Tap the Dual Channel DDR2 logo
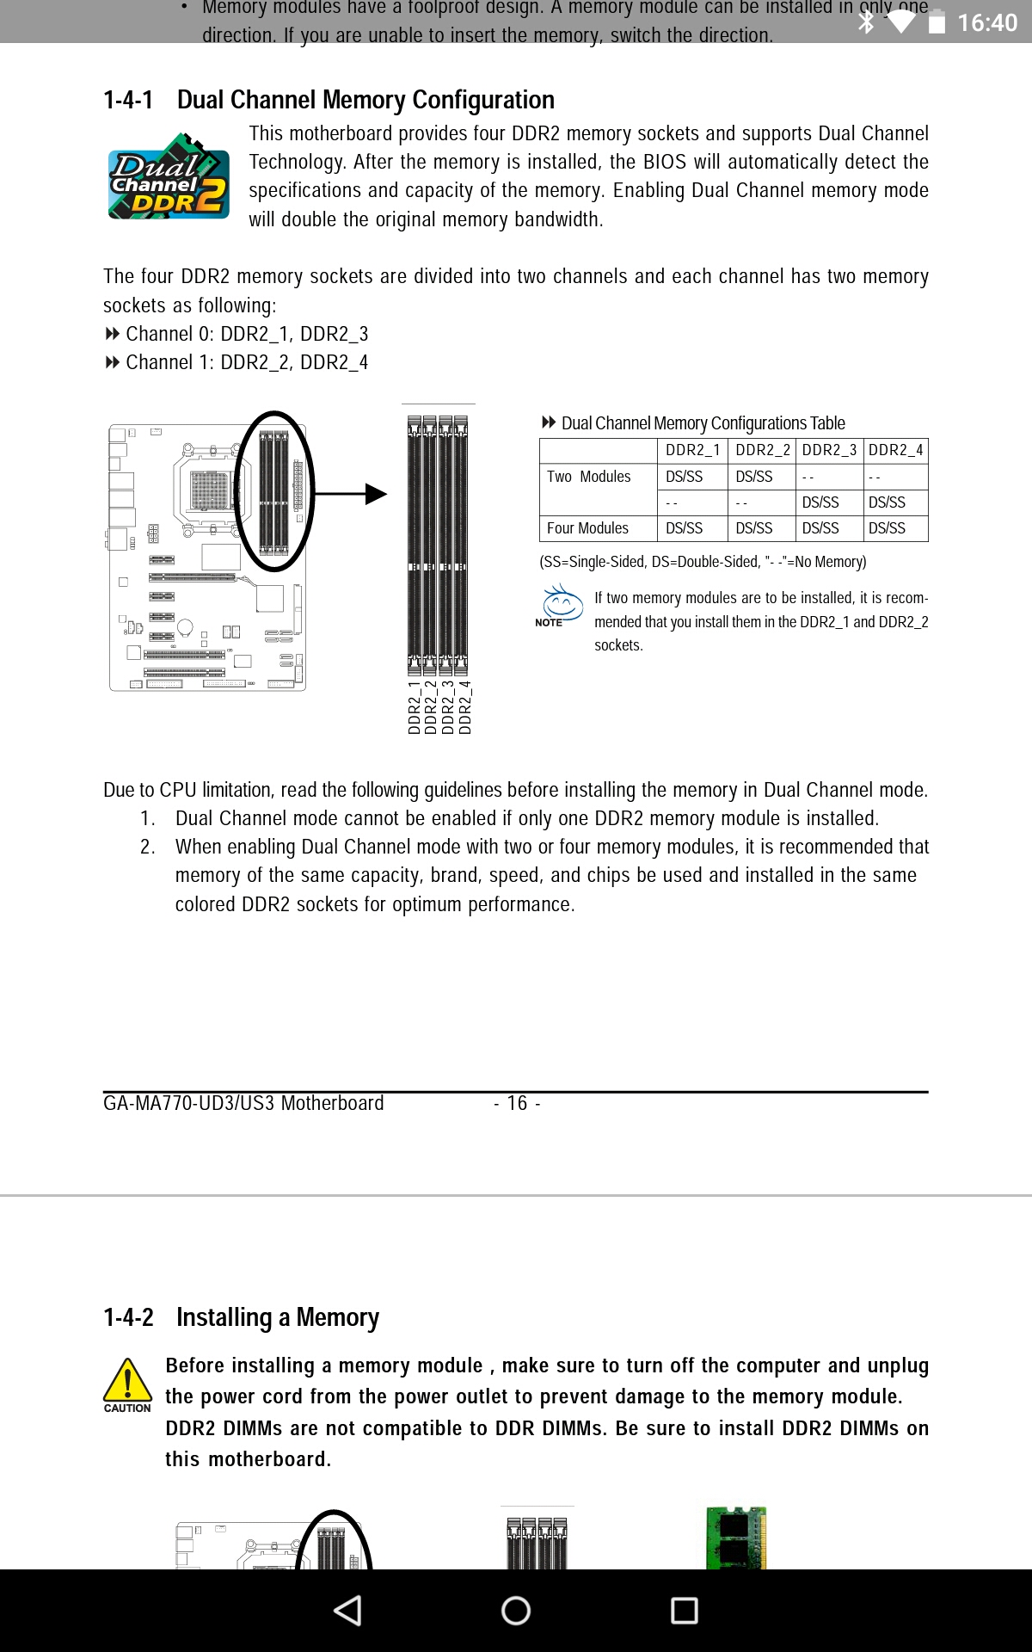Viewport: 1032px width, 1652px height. tap(169, 176)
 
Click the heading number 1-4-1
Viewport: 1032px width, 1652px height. tap(128, 101)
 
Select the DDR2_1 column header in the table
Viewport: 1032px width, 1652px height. tap(692, 450)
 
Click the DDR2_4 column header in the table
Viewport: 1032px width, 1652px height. tap(895, 450)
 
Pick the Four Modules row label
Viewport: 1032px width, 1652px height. tap(587, 528)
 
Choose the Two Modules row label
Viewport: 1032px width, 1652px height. tap(589, 477)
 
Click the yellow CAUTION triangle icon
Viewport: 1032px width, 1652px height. tap(127, 1381)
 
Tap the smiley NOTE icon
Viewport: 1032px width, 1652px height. tap(561, 603)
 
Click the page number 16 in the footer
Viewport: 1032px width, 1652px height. tap(517, 1103)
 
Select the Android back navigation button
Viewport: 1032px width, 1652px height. tap(347, 1611)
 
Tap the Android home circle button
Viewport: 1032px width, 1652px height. tap(516, 1611)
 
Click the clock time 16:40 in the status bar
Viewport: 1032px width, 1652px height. tap(987, 22)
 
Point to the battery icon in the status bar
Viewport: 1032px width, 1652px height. tap(937, 22)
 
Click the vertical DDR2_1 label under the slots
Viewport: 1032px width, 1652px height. tap(415, 707)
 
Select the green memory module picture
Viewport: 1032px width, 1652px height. tap(735, 1538)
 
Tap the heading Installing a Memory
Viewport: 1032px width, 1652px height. tap(277, 1317)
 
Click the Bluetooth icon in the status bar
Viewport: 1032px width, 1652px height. tap(866, 22)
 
